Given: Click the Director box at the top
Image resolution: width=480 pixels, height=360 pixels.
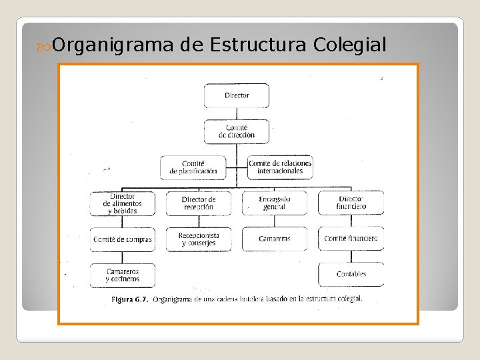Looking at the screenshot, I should coord(237,95).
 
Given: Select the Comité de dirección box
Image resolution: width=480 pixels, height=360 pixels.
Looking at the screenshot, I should coord(237,131).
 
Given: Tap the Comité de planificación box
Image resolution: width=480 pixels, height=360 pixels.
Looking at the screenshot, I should coord(193,167).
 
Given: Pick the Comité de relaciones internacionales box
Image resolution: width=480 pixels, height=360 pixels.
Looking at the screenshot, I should coord(280,167).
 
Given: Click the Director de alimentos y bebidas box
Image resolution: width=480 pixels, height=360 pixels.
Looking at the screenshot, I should coord(123,203).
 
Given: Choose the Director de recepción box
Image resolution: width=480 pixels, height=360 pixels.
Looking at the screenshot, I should coord(199,203).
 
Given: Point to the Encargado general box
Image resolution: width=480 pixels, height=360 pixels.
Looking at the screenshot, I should coord(275,203).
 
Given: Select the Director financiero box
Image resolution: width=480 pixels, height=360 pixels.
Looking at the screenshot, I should coord(351,203).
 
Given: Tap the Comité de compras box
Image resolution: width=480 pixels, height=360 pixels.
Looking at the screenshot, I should coord(123,239).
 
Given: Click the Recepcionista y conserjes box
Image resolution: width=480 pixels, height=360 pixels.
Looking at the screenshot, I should coord(199,239).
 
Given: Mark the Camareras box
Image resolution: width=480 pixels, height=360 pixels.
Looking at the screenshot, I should coord(275,239).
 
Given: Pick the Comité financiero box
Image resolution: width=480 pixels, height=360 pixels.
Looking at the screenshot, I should coord(351,239).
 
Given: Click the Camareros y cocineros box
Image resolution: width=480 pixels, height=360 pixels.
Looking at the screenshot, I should coord(123,275).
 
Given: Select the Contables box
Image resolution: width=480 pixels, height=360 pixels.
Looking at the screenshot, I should coord(351,275).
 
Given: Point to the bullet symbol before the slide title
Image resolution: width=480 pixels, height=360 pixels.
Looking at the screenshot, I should coord(45,46).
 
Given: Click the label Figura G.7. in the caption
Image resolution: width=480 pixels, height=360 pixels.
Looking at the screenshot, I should coord(130,299).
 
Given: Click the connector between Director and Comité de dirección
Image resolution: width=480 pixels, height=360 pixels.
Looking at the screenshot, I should coord(237,113).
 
